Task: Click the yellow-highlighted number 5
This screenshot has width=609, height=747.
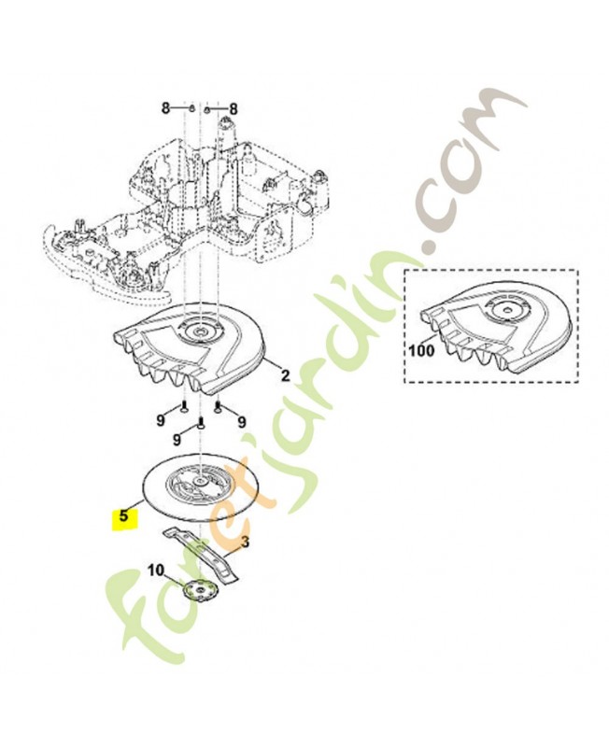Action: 122,518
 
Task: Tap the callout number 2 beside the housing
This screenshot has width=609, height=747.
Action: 286,375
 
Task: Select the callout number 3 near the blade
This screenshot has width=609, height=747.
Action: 245,542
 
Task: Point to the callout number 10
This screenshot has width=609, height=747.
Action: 156,570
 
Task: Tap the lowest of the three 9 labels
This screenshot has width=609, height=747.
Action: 177,438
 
